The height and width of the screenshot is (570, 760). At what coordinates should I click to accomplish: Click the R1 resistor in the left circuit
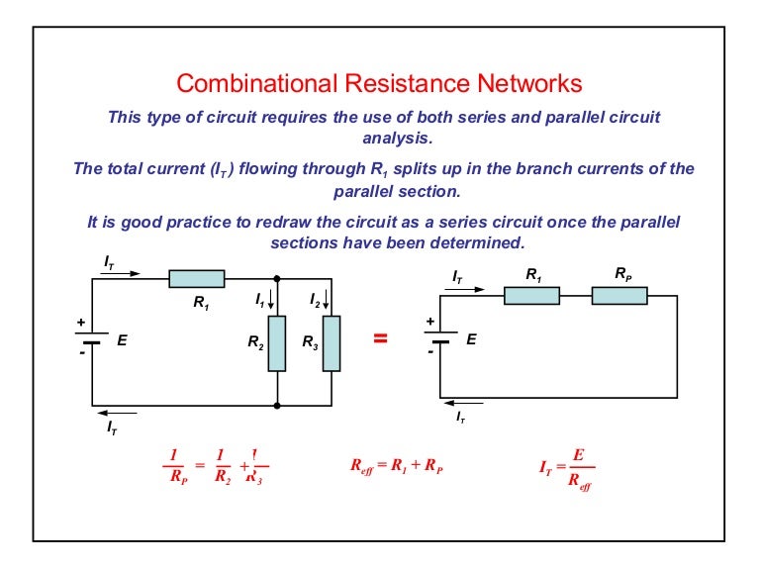196,279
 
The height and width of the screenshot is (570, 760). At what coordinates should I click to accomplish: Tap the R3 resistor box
332,342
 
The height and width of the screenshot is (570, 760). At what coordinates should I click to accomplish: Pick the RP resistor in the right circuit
619,295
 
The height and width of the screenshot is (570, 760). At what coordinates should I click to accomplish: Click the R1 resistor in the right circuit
532,295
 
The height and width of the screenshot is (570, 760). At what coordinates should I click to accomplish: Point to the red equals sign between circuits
379,339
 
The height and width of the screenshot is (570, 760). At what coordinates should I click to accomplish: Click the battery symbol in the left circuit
93,340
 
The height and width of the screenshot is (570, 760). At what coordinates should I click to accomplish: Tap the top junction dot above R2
277,278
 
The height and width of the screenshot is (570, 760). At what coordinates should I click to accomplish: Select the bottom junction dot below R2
277,406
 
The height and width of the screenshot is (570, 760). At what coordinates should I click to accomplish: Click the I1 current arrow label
261,298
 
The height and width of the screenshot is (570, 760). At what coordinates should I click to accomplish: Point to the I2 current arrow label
317,298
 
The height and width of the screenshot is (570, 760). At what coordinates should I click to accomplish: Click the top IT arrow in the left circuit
122,273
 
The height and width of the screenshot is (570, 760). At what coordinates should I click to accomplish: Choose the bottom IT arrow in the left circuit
120,414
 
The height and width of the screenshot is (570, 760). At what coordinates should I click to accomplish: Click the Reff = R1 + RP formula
397,466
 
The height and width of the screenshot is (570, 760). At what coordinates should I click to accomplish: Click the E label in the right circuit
471,338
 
